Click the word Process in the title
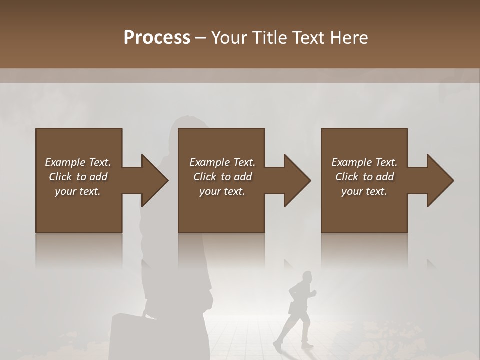157,38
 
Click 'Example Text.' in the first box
78,162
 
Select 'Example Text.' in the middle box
222,162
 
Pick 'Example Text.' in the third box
364,162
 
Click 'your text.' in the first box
78,191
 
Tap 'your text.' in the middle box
222,191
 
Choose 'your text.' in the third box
364,191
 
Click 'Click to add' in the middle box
222,177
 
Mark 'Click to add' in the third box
364,177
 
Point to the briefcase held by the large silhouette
128,337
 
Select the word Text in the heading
309,38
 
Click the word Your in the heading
230,38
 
